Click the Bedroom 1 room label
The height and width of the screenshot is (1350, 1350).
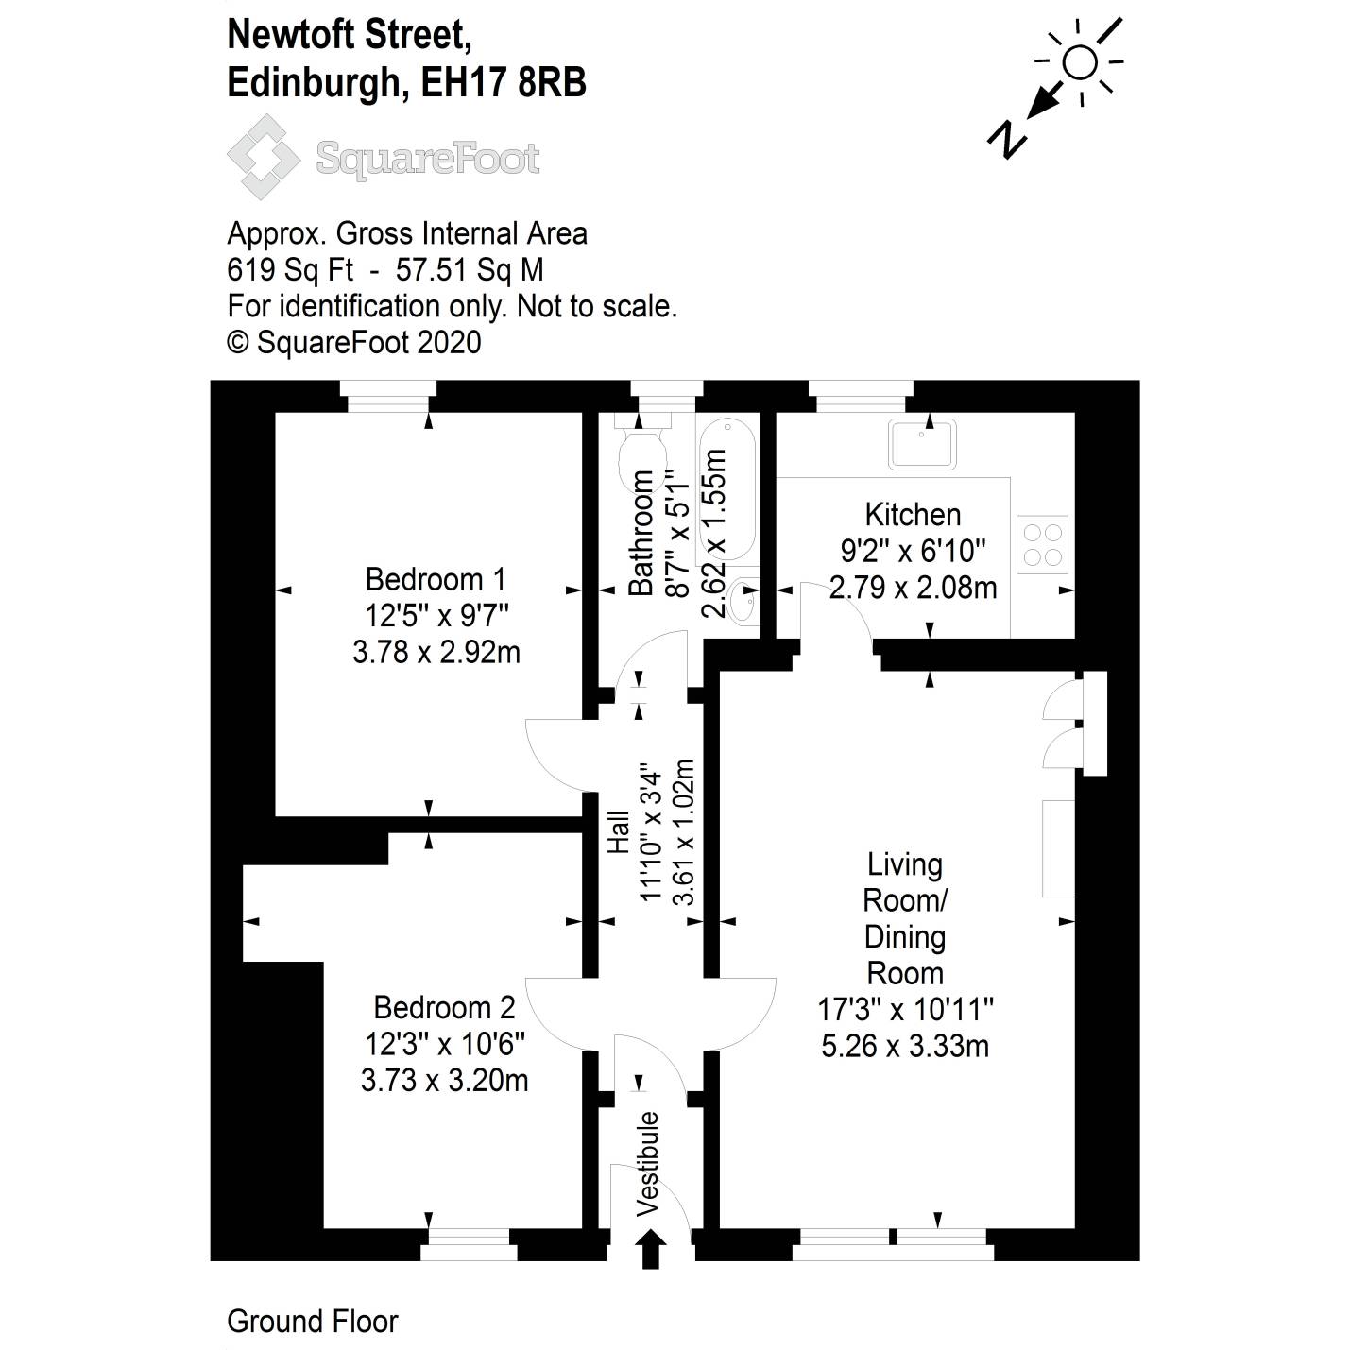(436, 578)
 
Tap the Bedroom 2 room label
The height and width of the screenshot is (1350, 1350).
(444, 1007)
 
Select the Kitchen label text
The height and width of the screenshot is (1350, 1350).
(913, 515)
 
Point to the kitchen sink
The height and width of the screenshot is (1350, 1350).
(922, 444)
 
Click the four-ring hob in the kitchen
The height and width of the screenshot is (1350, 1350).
(1043, 544)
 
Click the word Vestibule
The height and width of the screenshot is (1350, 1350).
(648, 1164)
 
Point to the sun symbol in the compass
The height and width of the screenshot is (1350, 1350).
(1080, 63)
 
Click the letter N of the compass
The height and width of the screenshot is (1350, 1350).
(1007, 139)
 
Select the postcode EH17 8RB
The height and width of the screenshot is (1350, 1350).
(504, 83)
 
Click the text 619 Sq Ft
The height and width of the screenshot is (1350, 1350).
(290, 270)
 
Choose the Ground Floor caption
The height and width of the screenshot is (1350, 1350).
(313, 1321)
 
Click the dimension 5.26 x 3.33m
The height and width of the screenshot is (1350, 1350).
(905, 1046)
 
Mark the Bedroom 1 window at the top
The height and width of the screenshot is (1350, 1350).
(387, 397)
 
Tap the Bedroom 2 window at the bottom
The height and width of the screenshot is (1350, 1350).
(469, 1244)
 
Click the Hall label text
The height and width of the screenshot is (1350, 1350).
(618, 832)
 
